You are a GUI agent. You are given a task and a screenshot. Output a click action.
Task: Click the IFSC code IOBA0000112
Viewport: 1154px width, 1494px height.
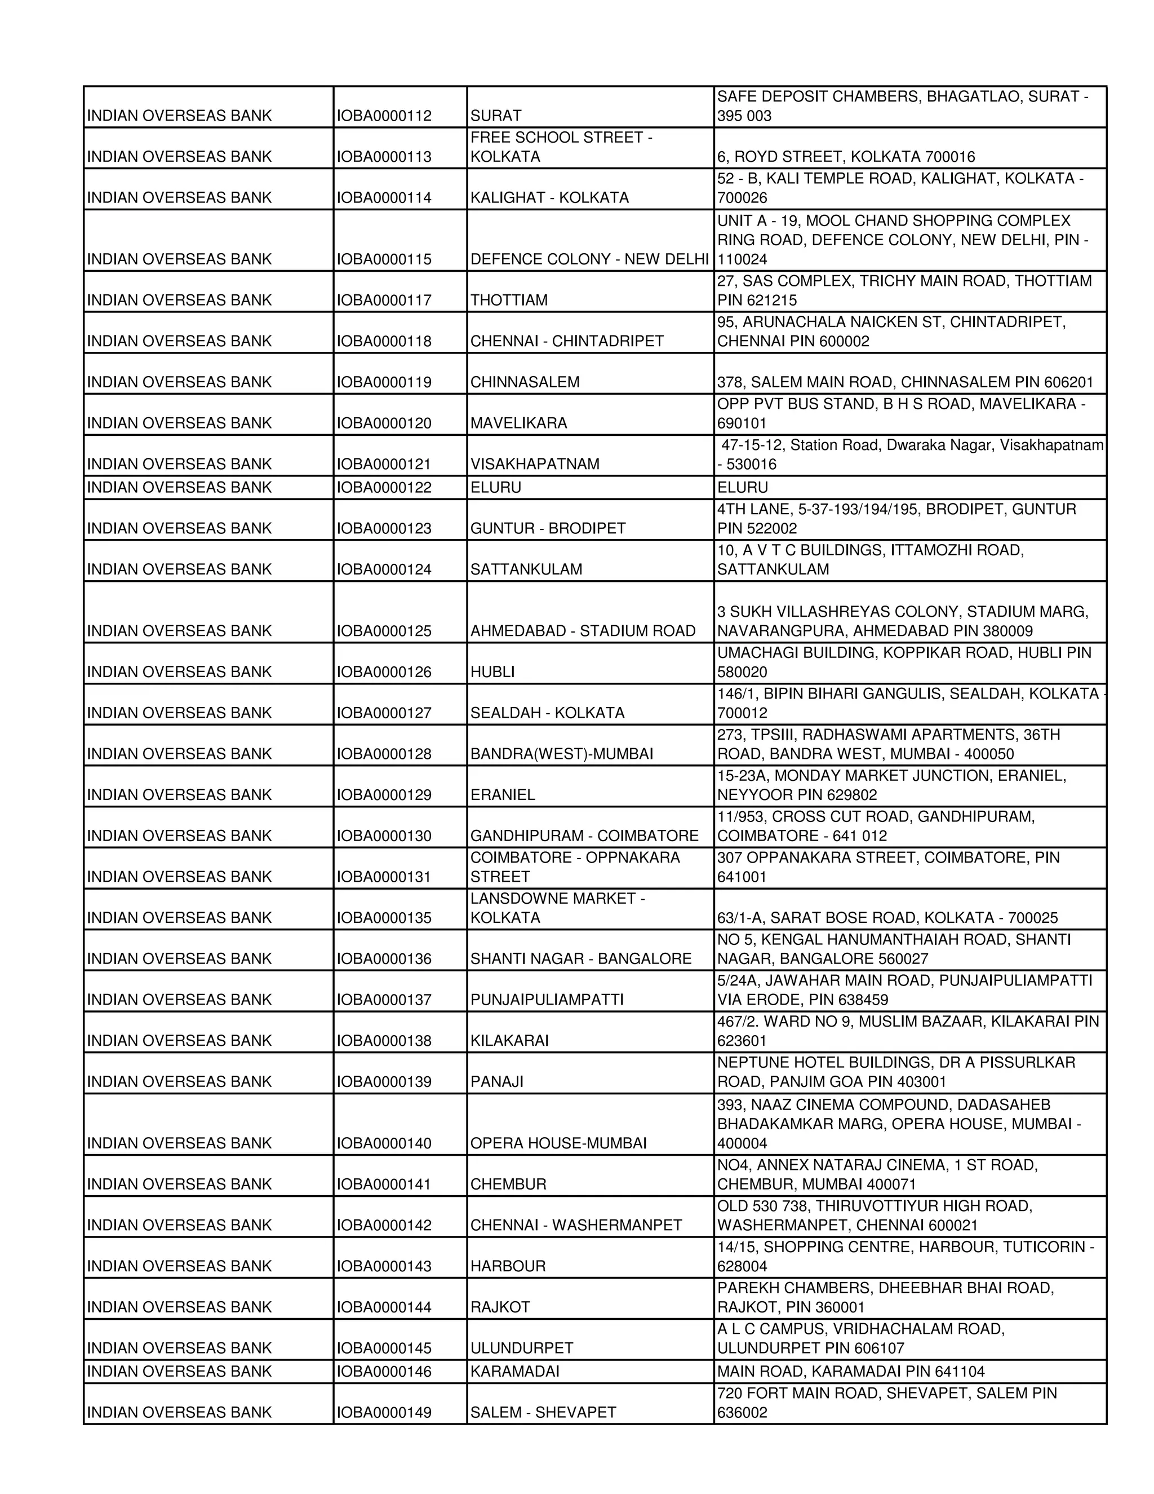(x=384, y=116)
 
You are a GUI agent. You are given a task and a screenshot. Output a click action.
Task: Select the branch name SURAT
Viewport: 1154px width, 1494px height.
(x=496, y=116)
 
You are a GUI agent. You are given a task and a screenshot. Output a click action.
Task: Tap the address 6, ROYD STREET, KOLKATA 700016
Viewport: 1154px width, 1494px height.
(x=846, y=157)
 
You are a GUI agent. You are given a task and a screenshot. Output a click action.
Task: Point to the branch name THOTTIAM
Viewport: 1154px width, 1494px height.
(x=509, y=300)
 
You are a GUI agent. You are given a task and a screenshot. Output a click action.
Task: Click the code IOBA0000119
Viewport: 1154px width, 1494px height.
(x=384, y=382)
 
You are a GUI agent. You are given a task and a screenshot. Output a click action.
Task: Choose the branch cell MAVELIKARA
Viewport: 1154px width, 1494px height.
(x=518, y=423)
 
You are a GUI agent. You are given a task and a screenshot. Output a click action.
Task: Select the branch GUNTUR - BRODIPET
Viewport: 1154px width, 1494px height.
(x=548, y=529)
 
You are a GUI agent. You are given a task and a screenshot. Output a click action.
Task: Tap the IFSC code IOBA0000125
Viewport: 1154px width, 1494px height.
(x=384, y=631)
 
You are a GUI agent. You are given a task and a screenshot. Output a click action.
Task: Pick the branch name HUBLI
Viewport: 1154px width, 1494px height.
(x=492, y=673)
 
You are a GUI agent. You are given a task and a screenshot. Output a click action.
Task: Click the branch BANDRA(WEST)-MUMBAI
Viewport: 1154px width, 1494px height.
(x=561, y=754)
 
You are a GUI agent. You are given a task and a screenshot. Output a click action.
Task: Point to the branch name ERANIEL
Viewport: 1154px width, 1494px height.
(x=503, y=795)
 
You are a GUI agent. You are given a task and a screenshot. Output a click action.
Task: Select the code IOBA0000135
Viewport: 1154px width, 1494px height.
(x=384, y=918)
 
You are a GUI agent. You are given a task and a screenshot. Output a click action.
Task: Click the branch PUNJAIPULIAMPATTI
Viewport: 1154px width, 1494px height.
(x=547, y=1000)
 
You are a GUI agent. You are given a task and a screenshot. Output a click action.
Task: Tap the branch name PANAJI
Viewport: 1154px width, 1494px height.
(x=497, y=1082)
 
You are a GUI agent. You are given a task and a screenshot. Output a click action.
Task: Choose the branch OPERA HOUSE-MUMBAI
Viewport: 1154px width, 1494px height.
(x=558, y=1143)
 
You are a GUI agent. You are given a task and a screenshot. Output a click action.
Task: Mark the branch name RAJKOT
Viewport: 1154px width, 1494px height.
(x=500, y=1307)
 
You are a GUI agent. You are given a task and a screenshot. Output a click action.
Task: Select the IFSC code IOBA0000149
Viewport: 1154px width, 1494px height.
(x=384, y=1413)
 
